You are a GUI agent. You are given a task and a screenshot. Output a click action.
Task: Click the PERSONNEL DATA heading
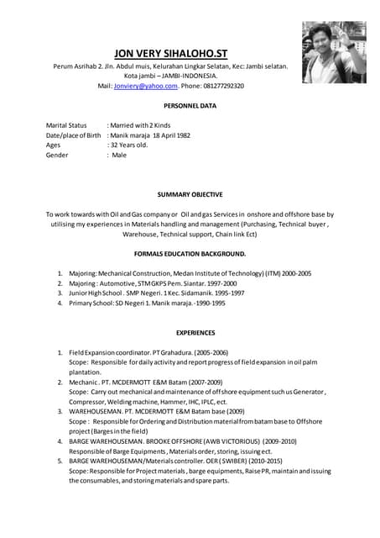point(190,107)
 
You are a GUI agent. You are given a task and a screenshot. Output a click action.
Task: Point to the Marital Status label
point(66,124)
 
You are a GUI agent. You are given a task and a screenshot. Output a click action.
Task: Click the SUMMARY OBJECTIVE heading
point(190,194)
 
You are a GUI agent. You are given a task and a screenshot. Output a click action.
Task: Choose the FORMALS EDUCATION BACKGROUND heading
point(190,253)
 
